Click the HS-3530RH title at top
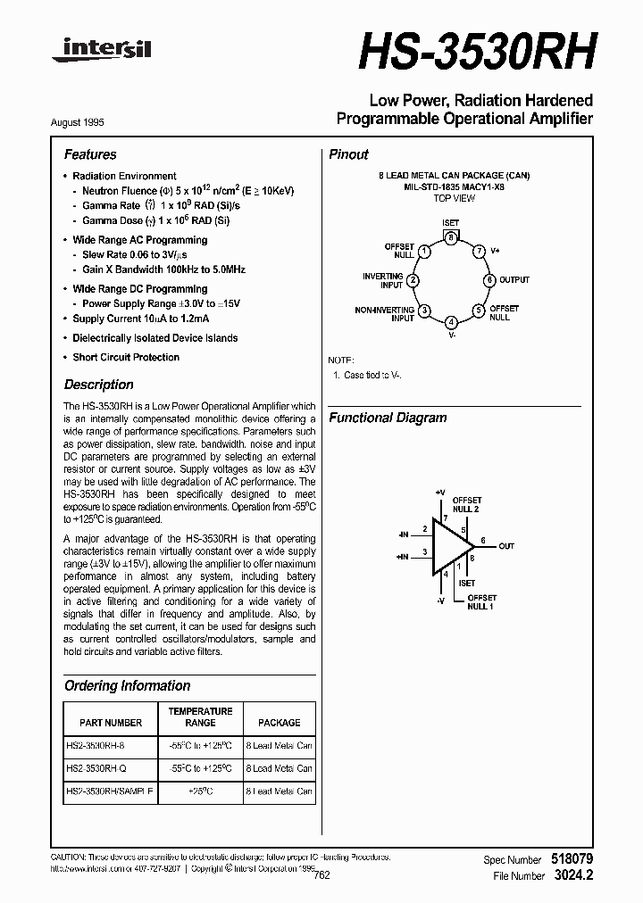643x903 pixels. (x=475, y=52)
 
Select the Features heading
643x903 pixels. (x=90, y=154)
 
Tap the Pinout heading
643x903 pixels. (x=348, y=154)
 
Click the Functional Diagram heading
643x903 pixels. (x=388, y=418)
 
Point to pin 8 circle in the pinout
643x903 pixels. (x=452, y=238)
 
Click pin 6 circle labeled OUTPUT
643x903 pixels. (x=489, y=280)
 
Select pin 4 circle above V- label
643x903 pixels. (x=452, y=322)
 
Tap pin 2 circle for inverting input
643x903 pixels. (x=413, y=280)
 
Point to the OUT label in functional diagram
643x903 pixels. (x=506, y=546)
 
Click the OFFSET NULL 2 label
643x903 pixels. (x=467, y=504)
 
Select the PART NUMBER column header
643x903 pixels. (x=111, y=723)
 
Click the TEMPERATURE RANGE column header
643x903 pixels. (x=201, y=717)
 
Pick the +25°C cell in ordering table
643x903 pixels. (x=201, y=791)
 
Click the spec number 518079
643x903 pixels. (x=571, y=858)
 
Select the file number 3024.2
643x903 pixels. (x=572, y=875)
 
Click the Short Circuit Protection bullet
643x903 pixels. (x=126, y=357)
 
